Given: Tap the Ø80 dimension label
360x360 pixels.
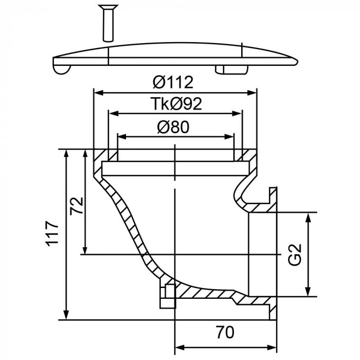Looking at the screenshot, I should (175, 127).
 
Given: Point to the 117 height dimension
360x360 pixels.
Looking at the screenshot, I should (52, 235).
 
